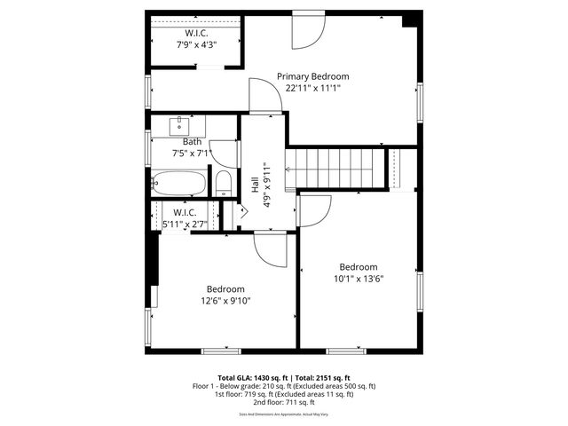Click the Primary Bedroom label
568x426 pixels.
312,76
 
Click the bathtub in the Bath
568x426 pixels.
178,185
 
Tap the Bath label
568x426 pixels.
192,142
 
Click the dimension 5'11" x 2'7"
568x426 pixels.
185,225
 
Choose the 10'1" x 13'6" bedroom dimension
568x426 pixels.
359,278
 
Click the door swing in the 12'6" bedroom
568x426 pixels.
270,248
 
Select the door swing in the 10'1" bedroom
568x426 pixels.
313,210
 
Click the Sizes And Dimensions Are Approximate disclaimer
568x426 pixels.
284,414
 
